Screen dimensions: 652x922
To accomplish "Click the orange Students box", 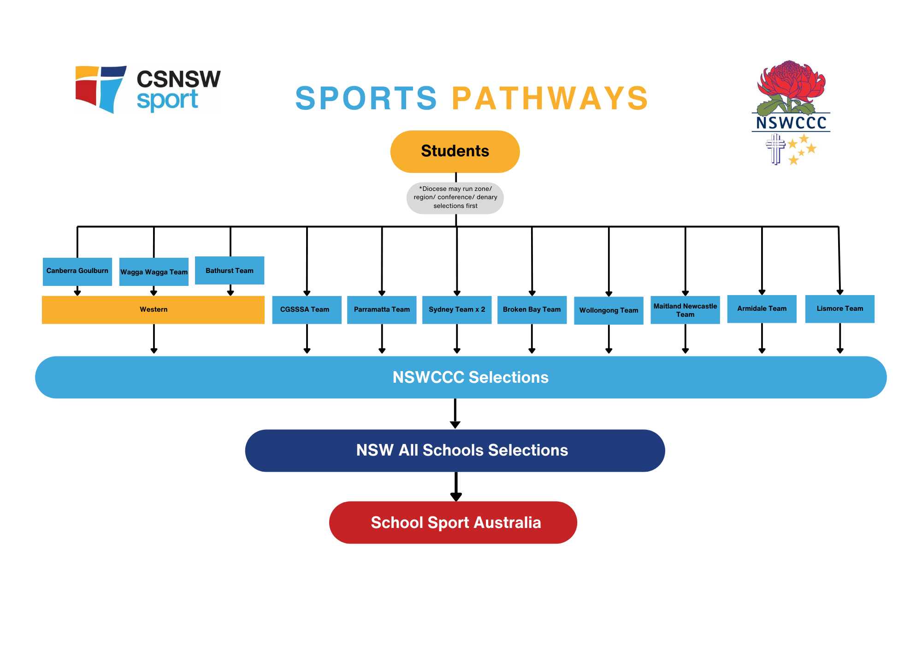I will (x=455, y=151).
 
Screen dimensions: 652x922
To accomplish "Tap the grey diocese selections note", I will (x=455, y=198).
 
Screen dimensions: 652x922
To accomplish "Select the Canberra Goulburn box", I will (x=77, y=271).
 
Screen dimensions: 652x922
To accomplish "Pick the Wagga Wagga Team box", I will (x=154, y=272).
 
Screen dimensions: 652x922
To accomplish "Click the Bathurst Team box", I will (x=230, y=270).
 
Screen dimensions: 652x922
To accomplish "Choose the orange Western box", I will (x=153, y=309).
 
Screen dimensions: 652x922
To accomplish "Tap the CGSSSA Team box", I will (x=307, y=309).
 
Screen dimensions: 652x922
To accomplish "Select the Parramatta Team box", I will (x=382, y=309).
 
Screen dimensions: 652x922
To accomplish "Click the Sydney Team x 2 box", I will (x=457, y=309).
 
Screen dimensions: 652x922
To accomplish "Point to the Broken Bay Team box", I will (x=532, y=309).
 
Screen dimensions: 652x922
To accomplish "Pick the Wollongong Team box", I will (x=609, y=310).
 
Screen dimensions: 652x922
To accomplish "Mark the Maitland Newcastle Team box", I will (x=685, y=310).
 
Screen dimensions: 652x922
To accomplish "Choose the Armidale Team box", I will (x=762, y=308).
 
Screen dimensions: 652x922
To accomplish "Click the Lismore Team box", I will (x=839, y=308).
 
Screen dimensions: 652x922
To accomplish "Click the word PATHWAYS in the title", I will (x=550, y=99).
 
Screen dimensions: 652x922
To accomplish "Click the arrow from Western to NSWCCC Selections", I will (x=154, y=339).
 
